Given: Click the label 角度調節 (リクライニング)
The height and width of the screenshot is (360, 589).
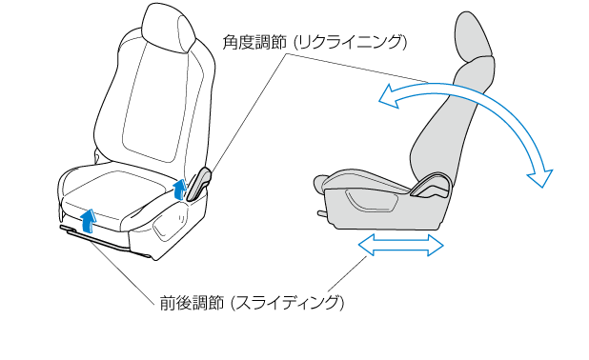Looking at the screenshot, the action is pos(315,42).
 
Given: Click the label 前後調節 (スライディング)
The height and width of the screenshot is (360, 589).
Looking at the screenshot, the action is pos(252,303).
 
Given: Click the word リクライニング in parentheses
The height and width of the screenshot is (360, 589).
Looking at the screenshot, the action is pos(350,42).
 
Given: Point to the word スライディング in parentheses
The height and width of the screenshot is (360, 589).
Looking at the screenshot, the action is pos(287,303).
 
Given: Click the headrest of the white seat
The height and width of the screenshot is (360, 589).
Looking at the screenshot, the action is pos(169,29).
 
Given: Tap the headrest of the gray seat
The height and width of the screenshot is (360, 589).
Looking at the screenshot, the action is pos(474,37).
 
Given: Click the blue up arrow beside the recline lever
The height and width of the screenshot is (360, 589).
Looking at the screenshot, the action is pos(180,188).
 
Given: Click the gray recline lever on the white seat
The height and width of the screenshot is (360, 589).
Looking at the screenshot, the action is pos(198,184).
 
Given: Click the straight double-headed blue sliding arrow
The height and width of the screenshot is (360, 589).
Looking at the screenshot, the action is pos(401,245).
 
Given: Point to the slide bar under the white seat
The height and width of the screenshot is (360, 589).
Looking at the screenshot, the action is pos(105,241).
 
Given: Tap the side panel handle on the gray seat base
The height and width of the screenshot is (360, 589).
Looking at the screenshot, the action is pos(373,202).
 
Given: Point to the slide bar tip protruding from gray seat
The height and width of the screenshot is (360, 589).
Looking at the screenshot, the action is pos(321,213).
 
